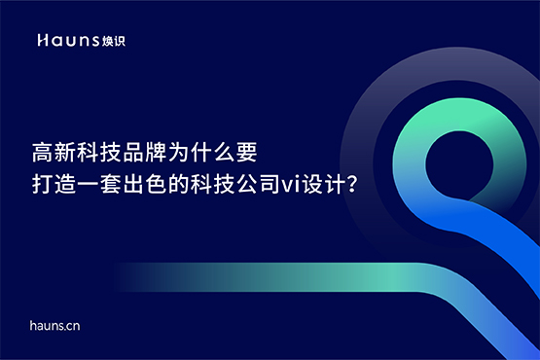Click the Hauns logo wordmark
click(68, 40)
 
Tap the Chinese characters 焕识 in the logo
click(114, 40)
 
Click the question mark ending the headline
click(347, 183)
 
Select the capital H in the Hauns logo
click(42, 40)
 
